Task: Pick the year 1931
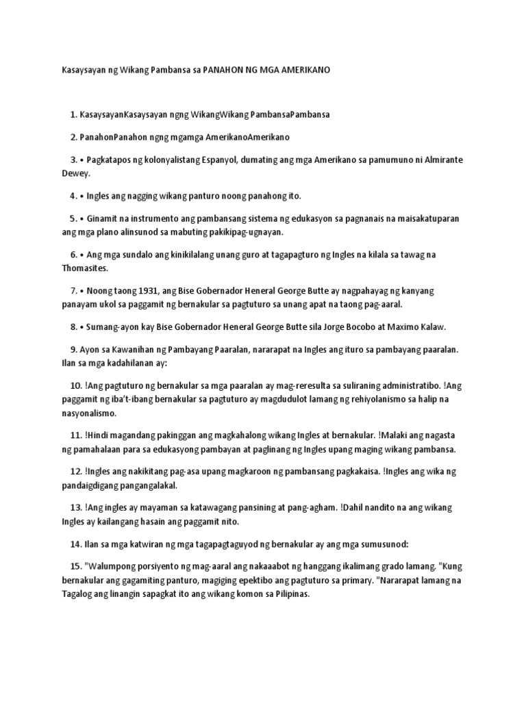click(149, 291)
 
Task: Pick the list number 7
click(73, 291)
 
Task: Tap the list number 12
click(75, 472)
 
